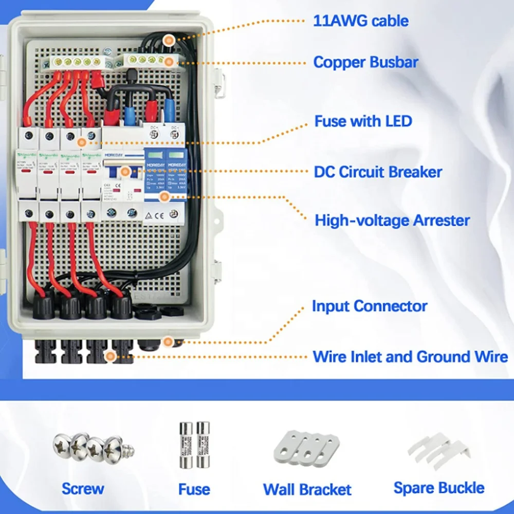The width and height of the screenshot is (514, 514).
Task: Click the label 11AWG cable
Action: coord(361,21)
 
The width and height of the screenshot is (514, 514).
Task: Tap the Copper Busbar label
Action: coord(365,62)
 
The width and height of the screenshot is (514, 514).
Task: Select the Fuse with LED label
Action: coord(363,121)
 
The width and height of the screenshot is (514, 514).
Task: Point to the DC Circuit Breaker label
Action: coord(378,172)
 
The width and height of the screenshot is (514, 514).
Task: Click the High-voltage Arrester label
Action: coord(392,221)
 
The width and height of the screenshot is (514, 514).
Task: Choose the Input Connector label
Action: coord(370,306)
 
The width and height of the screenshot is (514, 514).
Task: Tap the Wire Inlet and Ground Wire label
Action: coord(410,356)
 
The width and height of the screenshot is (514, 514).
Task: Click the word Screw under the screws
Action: coord(82,488)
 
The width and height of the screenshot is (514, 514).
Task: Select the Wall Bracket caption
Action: coord(307,489)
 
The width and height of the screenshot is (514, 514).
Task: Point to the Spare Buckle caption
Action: coord(439,487)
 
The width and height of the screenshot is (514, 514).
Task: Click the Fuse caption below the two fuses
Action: coord(194,489)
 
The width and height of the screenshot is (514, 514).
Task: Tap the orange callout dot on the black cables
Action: coord(169,40)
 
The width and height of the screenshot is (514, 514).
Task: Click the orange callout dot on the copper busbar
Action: coord(169,62)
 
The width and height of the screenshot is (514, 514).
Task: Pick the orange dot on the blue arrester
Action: coord(164,196)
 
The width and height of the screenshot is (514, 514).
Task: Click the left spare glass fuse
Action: coord(186,445)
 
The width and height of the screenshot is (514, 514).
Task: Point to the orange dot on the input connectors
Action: coord(169,341)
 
